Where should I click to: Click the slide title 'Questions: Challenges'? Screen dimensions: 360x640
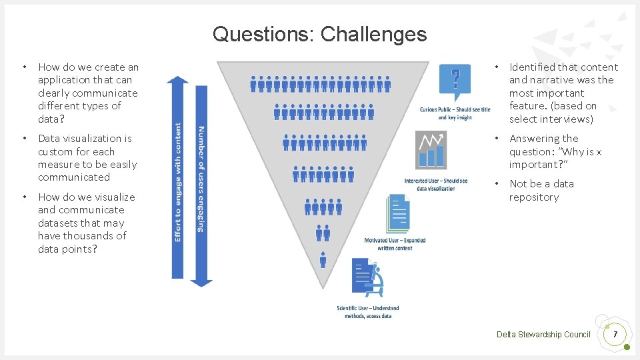319,34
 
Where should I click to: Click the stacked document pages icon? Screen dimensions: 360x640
398,214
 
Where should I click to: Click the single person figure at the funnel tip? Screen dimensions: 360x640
323,259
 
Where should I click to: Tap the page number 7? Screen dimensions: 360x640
615,334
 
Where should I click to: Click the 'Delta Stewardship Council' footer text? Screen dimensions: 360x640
543,334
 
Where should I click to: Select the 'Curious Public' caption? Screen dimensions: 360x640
455,113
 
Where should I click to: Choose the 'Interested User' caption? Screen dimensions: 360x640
436,185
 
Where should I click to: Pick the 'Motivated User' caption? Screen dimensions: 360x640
395,244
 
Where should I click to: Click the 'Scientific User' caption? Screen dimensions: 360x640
368,311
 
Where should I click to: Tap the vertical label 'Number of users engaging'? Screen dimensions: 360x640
201,179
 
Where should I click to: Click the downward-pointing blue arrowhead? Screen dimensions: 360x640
201,282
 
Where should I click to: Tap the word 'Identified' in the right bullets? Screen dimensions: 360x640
532,67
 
